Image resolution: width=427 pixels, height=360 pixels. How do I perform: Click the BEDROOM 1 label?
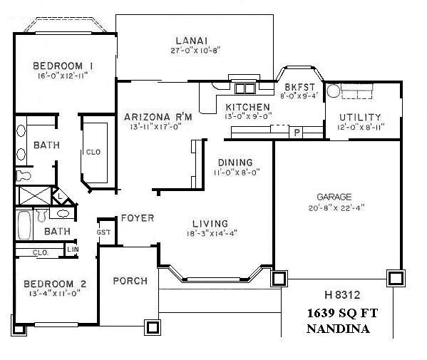(x=63, y=66)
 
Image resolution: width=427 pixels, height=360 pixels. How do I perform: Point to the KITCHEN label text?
(x=247, y=106)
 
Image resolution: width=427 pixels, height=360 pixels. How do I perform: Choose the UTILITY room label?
(x=359, y=117)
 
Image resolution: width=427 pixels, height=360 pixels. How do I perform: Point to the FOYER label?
(x=137, y=217)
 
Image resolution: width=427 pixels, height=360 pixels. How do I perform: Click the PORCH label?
(x=130, y=281)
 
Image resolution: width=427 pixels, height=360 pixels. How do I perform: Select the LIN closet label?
(x=72, y=249)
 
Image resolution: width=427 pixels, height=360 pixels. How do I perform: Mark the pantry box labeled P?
(x=297, y=132)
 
